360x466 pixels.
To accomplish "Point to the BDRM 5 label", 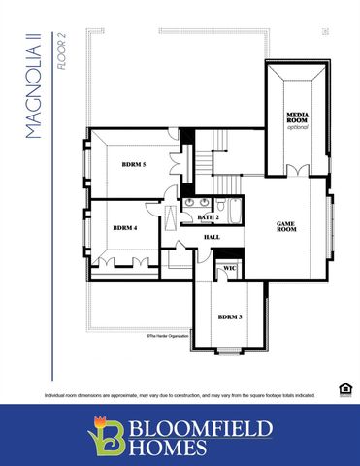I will coord(133,165).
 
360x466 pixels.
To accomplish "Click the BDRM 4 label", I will coord(124,228).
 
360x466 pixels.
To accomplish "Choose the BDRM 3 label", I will coord(229,316).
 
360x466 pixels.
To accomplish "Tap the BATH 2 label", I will coord(209,218).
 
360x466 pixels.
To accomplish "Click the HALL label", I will coord(211,237).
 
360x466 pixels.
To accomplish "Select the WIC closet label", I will coord(230,268).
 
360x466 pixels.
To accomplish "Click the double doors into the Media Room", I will coord(297,171).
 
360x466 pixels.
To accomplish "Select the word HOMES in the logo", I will coord(171,448).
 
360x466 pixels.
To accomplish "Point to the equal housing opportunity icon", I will coord(344,389).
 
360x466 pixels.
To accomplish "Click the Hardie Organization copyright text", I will coord(168,336).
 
